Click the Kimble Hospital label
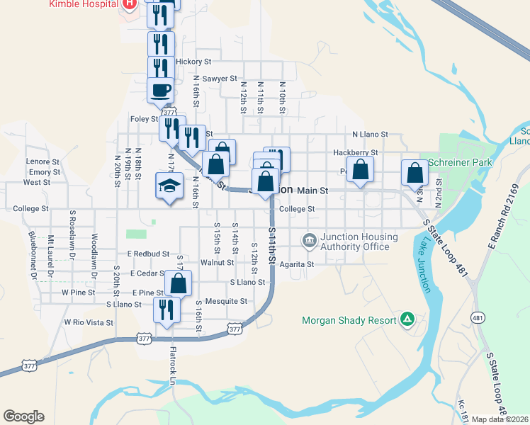click(82, 4)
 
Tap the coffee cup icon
click(160, 91)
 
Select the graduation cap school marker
click(170, 187)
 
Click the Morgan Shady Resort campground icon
click(407, 320)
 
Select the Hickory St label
click(193, 62)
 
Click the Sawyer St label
click(219, 79)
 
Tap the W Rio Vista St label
click(89, 322)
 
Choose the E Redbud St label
click(148, 254)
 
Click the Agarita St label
click(296, 264)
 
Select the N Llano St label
click(371, 134)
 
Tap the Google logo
click(23, 416)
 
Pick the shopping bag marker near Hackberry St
click(361, 171)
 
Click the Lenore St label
click(42, 161)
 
